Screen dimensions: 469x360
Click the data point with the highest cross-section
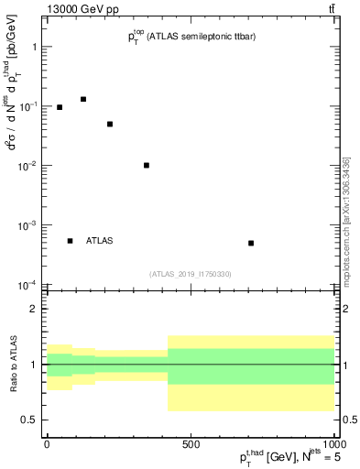tap(83, 99)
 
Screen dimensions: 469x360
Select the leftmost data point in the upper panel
tap(60, 107)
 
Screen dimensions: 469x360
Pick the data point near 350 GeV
tap(147, 166)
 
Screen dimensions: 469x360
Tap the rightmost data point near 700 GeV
tap(251, 243)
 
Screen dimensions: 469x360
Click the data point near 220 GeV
tap(110, 124)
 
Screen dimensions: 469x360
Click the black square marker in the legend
tap(71, 241)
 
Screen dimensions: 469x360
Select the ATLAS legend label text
tap(101, 241)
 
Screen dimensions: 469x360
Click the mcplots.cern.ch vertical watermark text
tap(346, 220)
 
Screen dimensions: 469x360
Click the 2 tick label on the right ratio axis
tap(344, 309)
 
